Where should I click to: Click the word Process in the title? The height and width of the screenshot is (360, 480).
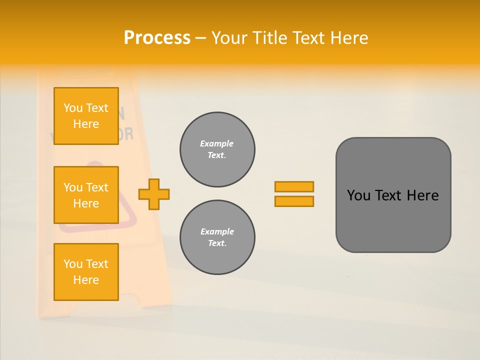tap(157, 37)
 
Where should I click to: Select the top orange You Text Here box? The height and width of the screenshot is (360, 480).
tap(86, 116)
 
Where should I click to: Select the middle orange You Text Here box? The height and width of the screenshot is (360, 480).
tap(86, 195)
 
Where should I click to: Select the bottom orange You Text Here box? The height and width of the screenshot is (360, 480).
tap(86, 272)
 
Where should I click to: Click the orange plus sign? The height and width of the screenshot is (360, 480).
tap(154, 194)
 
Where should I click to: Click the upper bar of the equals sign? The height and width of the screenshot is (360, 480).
tap(294, 186)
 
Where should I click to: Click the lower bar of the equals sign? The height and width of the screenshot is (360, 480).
tap(294, 201)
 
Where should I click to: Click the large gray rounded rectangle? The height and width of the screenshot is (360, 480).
tap(393, 220)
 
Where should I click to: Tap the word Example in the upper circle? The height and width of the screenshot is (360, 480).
tap(217, 143)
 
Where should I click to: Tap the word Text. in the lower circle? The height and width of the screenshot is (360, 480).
tap(217, 243)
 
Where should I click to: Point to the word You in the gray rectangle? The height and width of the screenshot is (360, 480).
tap(358, 195)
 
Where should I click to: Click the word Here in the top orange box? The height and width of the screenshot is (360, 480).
tap(86, 124)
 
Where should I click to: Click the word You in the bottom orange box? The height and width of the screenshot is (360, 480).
tap(73, 264)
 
